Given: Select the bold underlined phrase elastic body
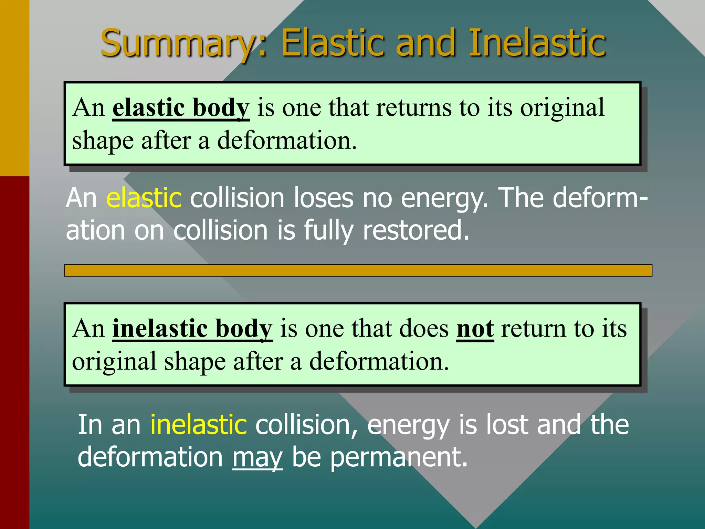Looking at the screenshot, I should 181,107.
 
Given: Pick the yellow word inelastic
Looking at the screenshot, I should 199,424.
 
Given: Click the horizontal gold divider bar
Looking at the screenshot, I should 358,270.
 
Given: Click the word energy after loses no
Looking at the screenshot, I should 444,199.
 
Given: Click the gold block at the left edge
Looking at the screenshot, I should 14,88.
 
